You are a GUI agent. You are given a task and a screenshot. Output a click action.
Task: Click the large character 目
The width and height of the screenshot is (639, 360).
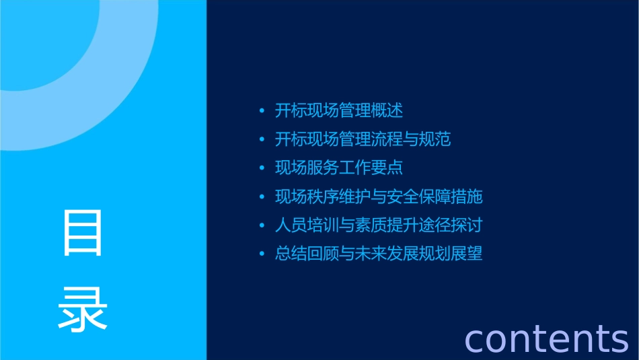(83, 233)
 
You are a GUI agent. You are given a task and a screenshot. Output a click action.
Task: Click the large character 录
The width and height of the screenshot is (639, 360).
(83, 309)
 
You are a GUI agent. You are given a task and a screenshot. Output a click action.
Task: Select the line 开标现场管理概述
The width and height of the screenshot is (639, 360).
(339, 110)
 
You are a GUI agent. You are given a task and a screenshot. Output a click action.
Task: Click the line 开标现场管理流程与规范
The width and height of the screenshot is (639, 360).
(363, 139)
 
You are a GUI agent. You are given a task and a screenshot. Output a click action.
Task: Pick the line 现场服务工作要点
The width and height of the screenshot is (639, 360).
(339, 168)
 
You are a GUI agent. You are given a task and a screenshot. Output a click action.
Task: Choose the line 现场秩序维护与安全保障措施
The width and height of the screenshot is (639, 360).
(379, 196)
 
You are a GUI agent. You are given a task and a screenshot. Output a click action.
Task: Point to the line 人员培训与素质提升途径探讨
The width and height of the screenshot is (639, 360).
(379, 225)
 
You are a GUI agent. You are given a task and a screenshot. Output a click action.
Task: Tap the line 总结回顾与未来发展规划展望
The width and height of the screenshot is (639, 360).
(379, 254)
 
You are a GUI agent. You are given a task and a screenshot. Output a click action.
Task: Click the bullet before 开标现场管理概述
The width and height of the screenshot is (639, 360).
(262, 111)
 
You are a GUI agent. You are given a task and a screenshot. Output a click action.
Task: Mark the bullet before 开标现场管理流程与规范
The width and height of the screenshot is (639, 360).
(262, 140)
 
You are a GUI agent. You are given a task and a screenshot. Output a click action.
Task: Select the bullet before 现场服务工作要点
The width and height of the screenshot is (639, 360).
(262, 168)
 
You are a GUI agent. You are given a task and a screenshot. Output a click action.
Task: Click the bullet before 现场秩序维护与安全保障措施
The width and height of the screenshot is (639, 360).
(262, 197)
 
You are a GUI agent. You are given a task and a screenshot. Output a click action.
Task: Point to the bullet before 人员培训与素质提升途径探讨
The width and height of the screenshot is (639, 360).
(262, 225)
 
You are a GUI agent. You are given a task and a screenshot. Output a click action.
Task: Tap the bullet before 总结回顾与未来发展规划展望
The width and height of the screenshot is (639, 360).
(262, 254)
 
